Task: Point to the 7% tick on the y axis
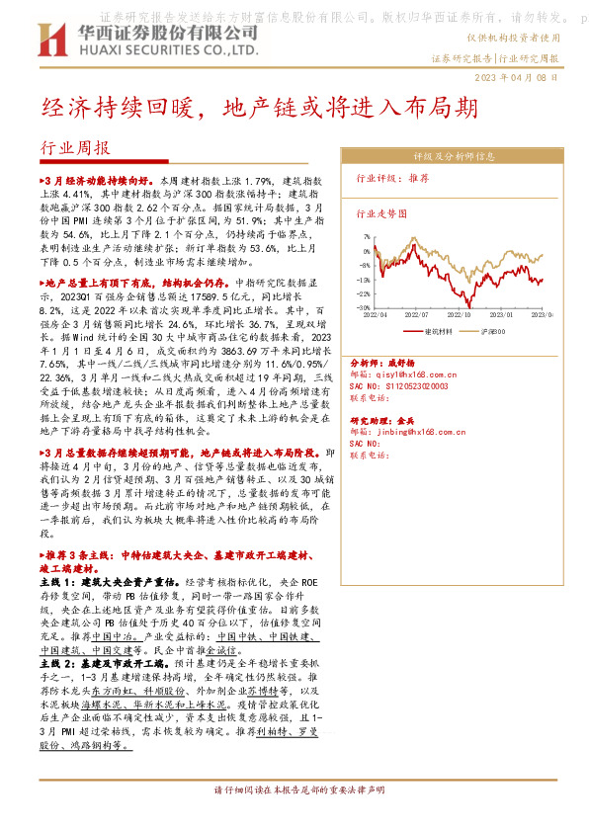click(x=365, y=237)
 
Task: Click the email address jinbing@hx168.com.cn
click(x=411, y=432)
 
